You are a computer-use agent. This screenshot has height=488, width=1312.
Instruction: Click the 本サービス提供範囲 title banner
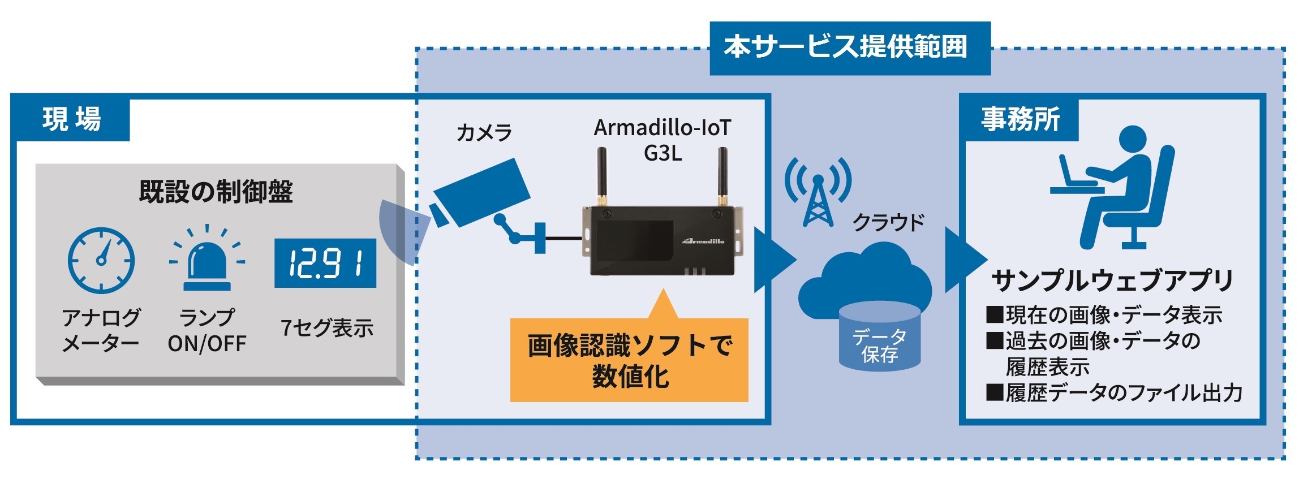tap(850, 47)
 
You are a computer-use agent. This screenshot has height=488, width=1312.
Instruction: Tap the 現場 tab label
tap(72, 119)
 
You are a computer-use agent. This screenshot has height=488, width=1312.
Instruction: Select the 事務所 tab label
tap(1020, 120)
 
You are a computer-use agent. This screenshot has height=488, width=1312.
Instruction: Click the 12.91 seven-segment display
tap(325, 263)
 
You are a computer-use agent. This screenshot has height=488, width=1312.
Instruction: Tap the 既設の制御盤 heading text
tap(216, 192)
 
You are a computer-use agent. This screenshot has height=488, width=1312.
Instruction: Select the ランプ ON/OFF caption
tap(207, 330)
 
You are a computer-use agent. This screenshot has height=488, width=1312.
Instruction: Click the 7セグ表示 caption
tap(327, 328)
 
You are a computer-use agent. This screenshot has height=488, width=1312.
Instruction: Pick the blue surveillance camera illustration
tap(481, 196)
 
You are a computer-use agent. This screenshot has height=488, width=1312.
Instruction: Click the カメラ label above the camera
tap(484, 133)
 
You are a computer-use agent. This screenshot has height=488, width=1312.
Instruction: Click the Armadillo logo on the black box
tap(703, 241)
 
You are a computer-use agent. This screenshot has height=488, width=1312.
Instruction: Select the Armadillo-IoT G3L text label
tap(662, 140)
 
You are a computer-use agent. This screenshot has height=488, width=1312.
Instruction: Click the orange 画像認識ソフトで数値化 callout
tap(629, 360)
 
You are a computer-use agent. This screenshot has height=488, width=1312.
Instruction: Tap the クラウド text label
tap(888, 222)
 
